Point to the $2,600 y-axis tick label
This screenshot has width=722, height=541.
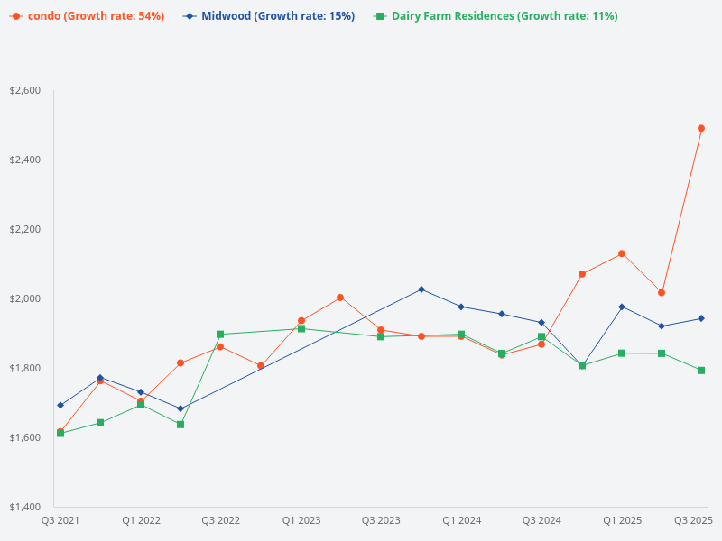click(24, 91)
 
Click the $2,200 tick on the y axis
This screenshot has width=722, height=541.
click(24, 230)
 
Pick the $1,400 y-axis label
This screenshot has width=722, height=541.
click(24, 507)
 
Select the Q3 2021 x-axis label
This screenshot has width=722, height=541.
click(60, 520)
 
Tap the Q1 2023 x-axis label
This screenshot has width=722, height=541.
click(301, 520)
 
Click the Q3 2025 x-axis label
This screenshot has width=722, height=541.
click(694, 520)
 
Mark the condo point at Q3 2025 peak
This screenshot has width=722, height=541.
click(701, 128)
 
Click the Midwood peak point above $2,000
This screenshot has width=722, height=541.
click(421, 289)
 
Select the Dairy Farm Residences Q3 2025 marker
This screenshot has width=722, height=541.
click(701, 371)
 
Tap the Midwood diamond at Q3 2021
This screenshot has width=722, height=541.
click(60, 405)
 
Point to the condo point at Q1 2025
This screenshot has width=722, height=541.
click(622, 253)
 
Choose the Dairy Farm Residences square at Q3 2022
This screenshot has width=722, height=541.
click(220, 335)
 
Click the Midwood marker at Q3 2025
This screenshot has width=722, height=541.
click(701, 318)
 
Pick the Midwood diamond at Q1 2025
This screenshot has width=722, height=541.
click(622, 307)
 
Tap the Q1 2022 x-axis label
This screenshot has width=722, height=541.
click(142, 520)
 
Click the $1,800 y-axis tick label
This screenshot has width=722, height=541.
click(24, 368)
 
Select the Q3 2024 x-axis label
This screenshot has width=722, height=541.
click(541, 520)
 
